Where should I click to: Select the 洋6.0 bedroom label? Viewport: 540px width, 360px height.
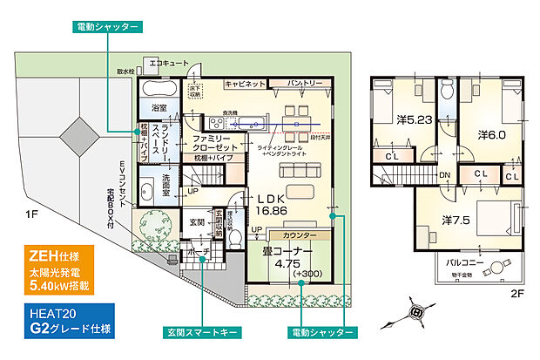click(492, 135)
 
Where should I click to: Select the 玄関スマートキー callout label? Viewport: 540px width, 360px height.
click(201, 333)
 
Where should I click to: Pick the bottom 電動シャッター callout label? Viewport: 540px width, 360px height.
click(321, 333)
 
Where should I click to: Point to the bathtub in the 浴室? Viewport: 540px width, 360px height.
click(158, 88)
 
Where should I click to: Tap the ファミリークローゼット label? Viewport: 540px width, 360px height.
click(211, 144)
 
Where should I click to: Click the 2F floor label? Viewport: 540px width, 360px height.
click(516, 294)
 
